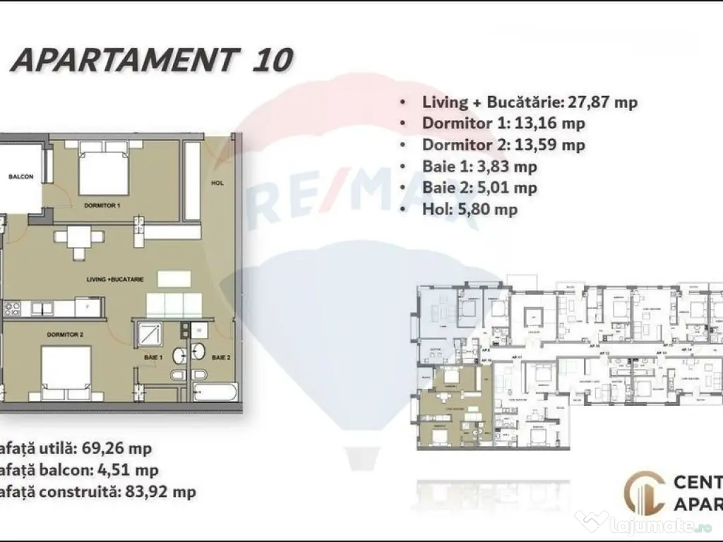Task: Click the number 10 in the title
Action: [271, 61]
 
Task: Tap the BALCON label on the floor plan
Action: [20, 177]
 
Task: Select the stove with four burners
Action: [12, 308]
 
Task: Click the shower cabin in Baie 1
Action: [150, 332]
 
